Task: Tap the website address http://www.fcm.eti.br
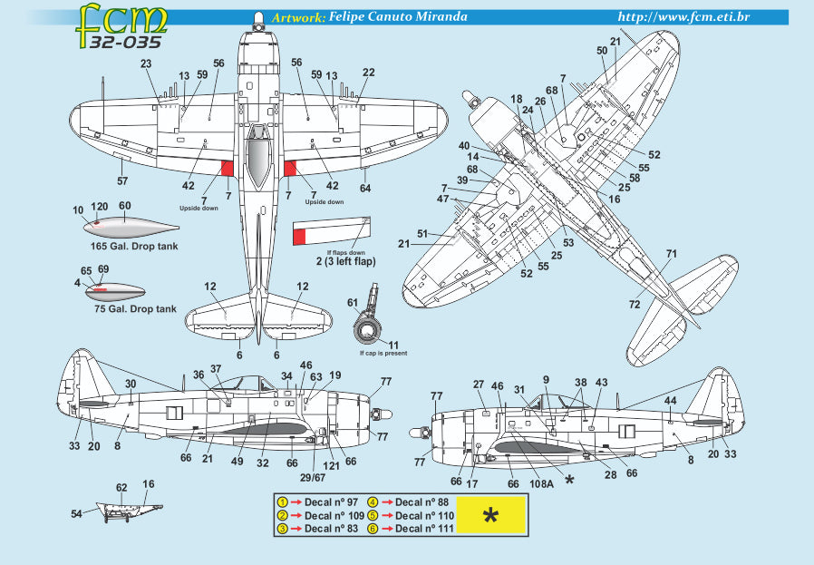point(689,17)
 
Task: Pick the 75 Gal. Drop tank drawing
point(115,292)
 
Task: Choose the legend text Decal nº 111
point(422,528)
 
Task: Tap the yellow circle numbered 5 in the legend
point(373,515)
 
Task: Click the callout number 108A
point(541,483)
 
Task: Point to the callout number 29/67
point(312,476)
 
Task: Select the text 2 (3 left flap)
point(334,261)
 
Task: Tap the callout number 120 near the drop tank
point(99,207)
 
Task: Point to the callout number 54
point(76,514)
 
